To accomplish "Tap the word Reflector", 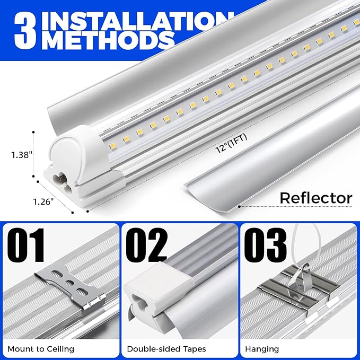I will [315, 198].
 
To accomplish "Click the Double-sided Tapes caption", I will [166, 349].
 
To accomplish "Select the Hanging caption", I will [262, 349].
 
